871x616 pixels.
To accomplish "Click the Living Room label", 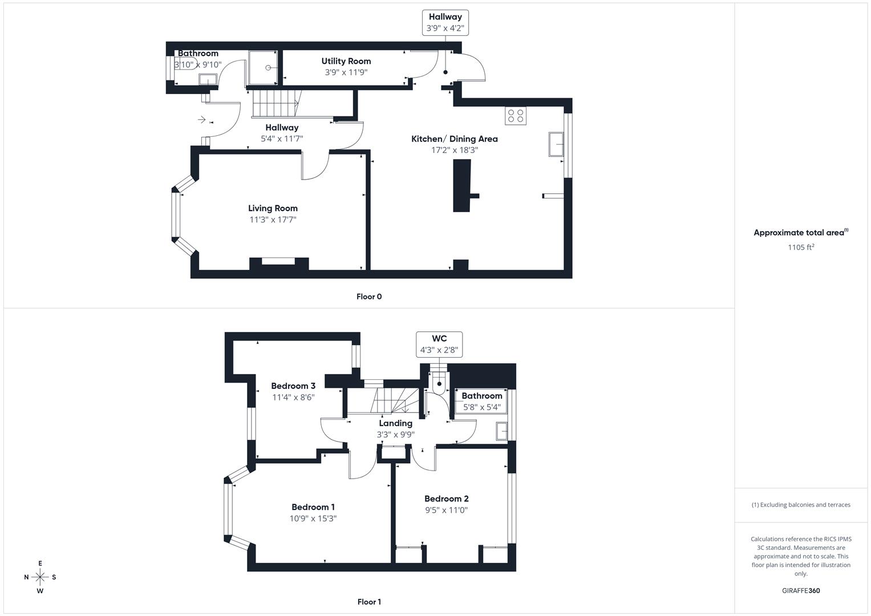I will [x=273, y=208].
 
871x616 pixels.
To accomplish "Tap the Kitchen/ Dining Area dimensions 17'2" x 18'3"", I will [x=454, y=150].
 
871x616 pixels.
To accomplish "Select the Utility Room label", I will [x=346, y=61].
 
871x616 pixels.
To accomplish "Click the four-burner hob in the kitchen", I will [x=515, y=116].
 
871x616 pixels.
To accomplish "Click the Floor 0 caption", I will [x=369, y=297].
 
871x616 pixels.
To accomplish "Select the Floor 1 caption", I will [x=369, y=602].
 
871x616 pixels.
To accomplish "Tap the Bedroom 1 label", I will [x=313, y=507].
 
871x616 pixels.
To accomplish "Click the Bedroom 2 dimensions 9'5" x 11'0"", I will [x=446, y=510].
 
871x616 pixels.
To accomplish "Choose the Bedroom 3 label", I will [x=293, y=386].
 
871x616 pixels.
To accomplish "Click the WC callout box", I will [x=439, y=344].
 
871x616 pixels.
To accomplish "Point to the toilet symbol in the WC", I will [x=439, y=384].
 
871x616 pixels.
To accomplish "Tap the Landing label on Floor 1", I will [x=395, y=423].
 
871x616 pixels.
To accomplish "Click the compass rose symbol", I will [x=40, y=577].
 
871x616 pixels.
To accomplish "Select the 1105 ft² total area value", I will [x=801, y=247].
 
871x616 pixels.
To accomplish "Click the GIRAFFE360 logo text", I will [x=801, y=590].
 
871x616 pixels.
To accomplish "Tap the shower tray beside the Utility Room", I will [x=264, y=67].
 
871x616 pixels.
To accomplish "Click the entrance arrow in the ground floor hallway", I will [x=201, y=120].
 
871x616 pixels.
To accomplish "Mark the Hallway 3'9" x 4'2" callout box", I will [x=445, y=22].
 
